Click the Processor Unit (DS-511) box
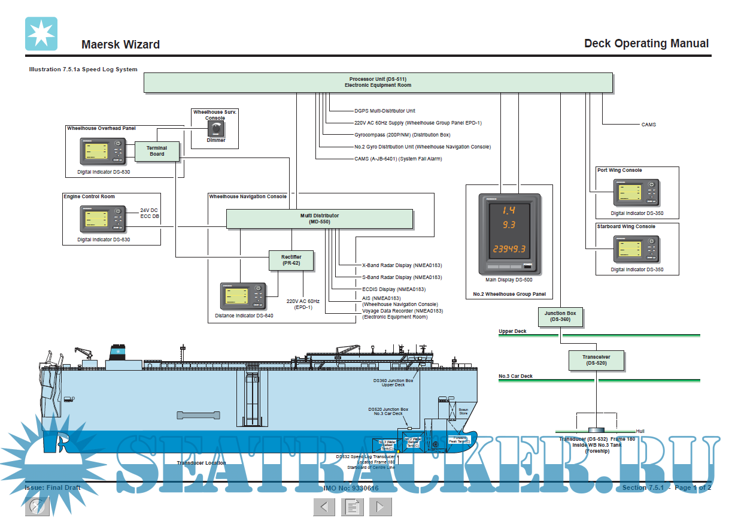378,83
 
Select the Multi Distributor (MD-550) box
319,219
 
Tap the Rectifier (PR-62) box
291,260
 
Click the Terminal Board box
157,151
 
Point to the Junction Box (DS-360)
560,316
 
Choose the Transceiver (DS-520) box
597,360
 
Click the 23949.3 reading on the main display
509,249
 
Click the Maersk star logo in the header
41,34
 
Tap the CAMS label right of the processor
648,125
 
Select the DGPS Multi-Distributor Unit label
385,111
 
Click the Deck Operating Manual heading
646,43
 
